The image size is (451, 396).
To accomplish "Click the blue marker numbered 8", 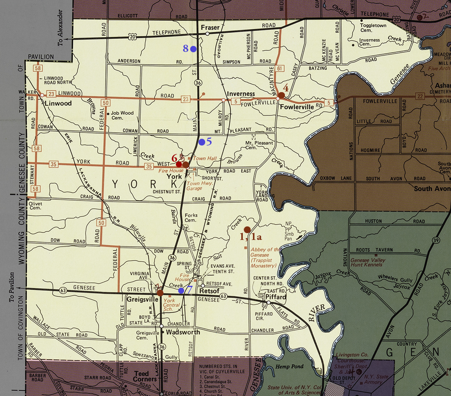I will click(x=193, y=49).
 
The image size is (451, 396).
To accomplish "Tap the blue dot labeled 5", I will click(x=202, y=142).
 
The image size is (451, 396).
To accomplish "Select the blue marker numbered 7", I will click(x=181, y=290).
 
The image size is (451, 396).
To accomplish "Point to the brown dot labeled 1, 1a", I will click(x=247, y=229).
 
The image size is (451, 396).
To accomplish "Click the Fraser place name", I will click(x=210, y=27).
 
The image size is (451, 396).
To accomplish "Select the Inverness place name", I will click(x=241, y=94).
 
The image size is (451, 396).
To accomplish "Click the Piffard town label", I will click(x=276, y=297).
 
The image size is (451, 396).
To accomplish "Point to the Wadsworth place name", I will click(x=183, y=332).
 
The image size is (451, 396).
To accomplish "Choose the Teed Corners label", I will click(x=141, y=376).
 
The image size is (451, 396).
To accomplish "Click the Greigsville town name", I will click(x=142, y=300).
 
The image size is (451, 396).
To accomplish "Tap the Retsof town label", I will click(x=209, y=291).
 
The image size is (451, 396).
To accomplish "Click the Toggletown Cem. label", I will click(x=373, y=28).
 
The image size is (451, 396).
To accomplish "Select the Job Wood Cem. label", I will click(x=122, y=115).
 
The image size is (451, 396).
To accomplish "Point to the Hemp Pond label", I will click(x=289, y=366).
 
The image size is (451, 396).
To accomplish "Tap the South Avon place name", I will click(x=432, y=188).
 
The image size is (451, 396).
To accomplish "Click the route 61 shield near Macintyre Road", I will click(x=279, y=68).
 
